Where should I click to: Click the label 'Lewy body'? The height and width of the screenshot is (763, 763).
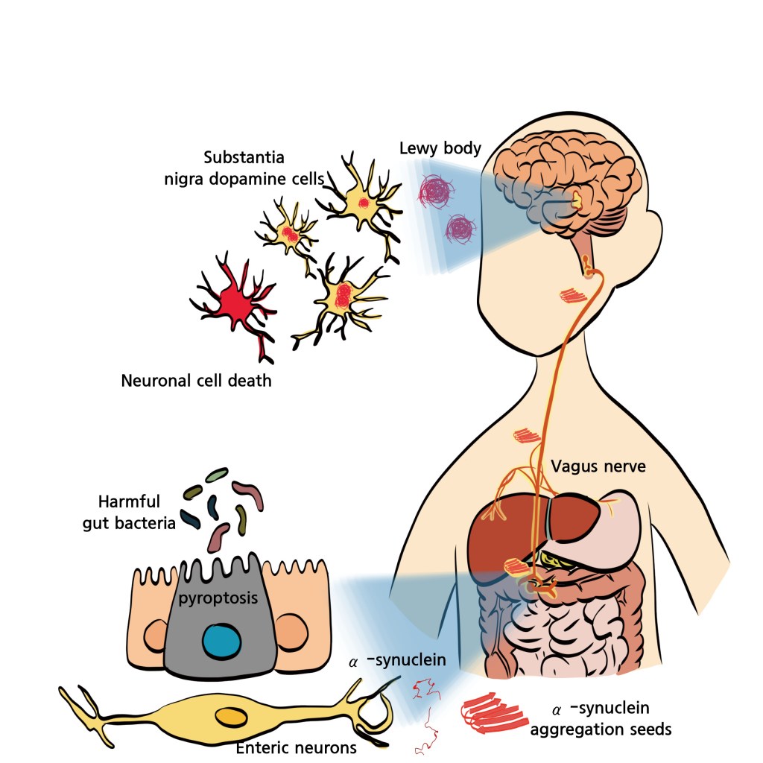[440, 148]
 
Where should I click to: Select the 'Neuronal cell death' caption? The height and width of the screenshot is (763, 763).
[196, 381]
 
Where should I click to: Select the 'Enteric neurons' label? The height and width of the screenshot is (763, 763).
[296, 746]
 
